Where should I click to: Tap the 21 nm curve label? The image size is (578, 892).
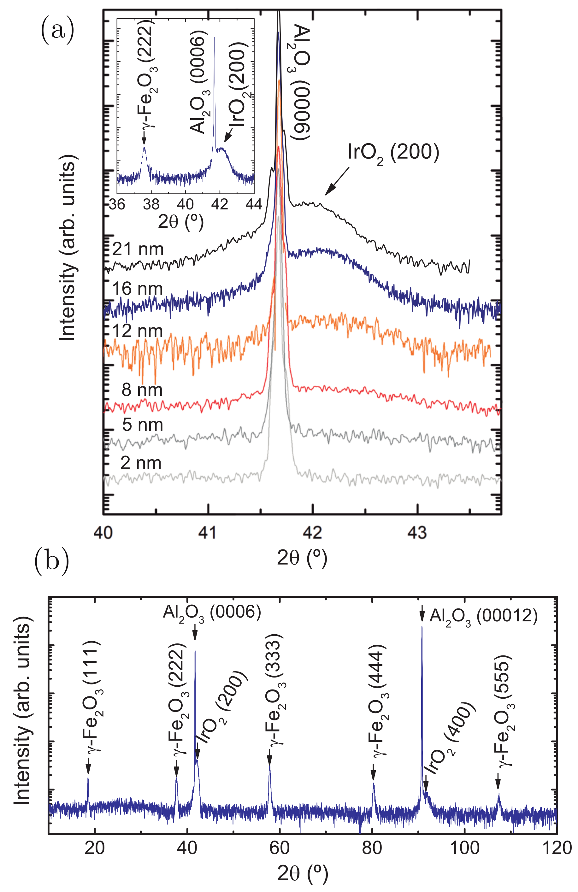138,249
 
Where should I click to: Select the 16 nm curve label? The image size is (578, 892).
137,289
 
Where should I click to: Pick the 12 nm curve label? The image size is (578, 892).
137,331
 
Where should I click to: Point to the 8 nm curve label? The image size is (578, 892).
142,390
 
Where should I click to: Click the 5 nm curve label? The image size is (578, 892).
142,425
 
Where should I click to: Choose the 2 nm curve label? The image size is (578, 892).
141,463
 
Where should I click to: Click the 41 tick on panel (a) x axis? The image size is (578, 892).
208,532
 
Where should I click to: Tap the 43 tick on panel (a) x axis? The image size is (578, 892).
417,532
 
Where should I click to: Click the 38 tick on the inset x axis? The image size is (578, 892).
151,204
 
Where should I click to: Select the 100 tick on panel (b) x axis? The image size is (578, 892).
464,848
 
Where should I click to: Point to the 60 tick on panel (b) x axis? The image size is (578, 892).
279,848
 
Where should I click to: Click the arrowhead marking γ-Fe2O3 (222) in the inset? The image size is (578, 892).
144,141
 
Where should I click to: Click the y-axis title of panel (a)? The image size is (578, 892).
68,247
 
